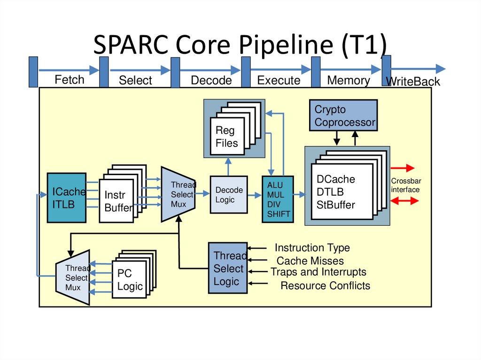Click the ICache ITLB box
[67, 198]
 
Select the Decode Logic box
[229, 195]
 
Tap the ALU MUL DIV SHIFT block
[278, 199]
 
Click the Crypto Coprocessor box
[343, 115]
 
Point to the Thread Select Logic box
[228, 268]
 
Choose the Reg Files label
[227, 137]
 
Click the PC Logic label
[130, 280]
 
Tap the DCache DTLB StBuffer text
[336, 192]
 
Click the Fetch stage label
[70, 79]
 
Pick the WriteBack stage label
[412, 82]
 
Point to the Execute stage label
[279, 80]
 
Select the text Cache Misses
[310, 261]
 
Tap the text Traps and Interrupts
[318, 272]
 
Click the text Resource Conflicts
[325, 285]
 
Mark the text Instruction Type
[312, 248]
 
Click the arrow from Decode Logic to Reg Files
[229, 167]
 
